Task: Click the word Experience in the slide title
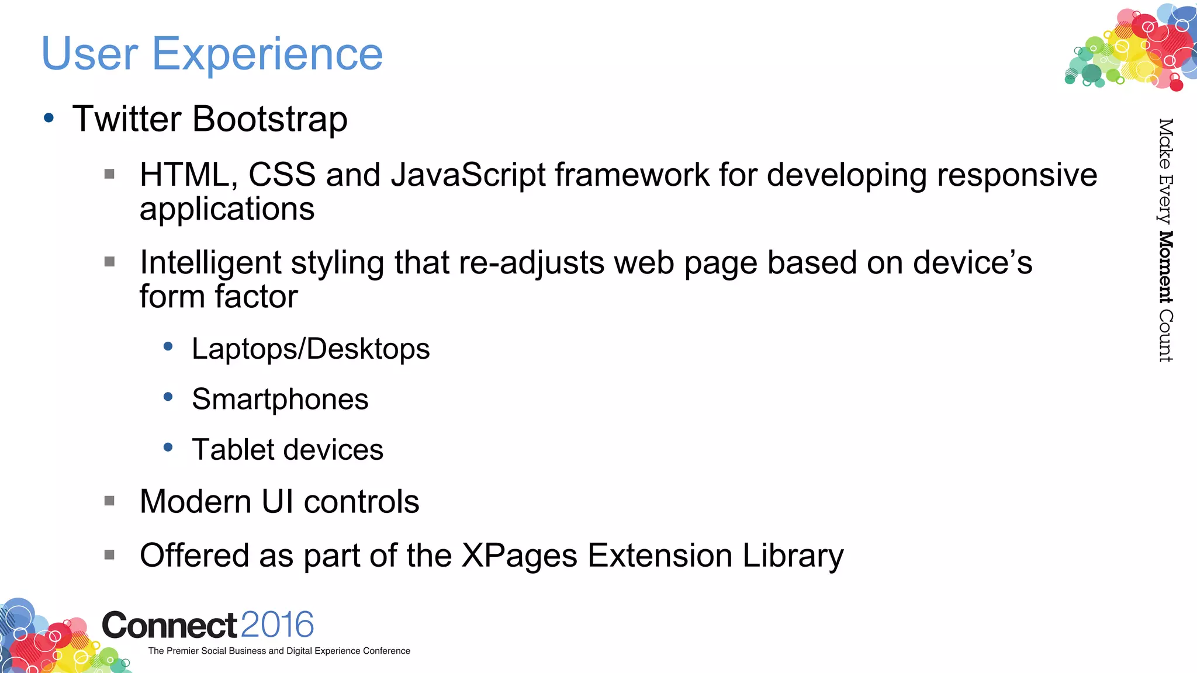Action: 267,54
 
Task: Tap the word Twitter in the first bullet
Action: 127,119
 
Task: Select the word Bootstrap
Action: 269,120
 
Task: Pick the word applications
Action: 227,209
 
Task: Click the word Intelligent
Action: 210,263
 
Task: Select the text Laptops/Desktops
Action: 310,349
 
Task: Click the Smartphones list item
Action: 280,400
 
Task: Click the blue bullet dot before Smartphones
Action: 168,397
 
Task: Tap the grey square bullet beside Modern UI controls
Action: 109,501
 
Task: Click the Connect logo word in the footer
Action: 169,626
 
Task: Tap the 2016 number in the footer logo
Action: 277,625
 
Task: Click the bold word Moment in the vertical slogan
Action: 1165,267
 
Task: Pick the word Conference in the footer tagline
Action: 386,651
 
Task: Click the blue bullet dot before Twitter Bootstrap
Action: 49,118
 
